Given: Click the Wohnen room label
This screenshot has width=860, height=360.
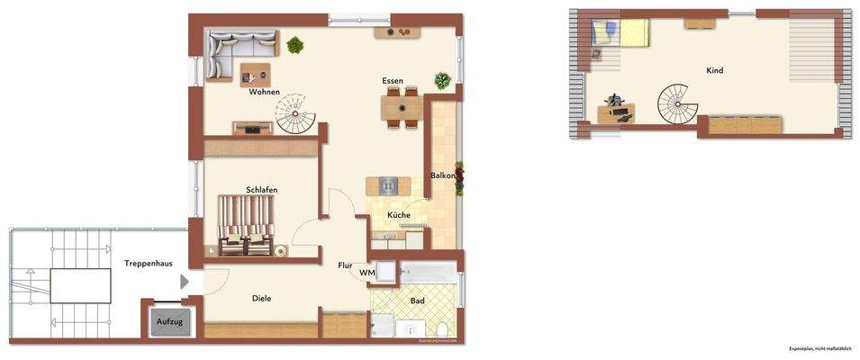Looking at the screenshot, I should tap(264, 92).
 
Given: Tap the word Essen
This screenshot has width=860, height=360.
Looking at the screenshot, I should tap(392, 81).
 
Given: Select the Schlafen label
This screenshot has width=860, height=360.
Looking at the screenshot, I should tap(261, 190).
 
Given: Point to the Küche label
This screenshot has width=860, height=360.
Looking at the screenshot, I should tap(399, 215).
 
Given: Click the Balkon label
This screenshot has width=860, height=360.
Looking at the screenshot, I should tap(443, 175).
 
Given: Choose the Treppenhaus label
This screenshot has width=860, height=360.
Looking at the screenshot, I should tap(149, 263).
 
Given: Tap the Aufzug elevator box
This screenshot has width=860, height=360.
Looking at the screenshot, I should tap(169, 320).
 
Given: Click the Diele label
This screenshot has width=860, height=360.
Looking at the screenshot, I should tap(261, 299).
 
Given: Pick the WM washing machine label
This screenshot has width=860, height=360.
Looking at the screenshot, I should tap(367, 272).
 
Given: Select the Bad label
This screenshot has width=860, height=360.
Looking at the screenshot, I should tap(417, 301).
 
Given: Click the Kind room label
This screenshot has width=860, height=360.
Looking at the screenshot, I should tap(714, 70).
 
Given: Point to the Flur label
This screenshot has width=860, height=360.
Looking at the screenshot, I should tap(345, 265).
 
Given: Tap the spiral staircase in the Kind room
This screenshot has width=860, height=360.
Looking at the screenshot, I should tap(677, 104).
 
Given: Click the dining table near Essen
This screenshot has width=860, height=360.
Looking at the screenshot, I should tap(402, 107).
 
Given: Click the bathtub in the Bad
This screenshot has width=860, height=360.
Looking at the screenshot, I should tap(430, 273).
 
